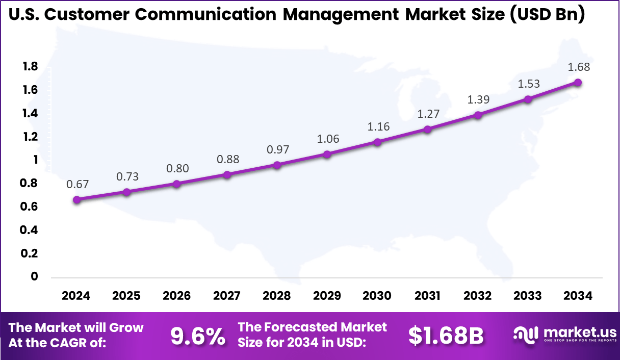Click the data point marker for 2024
click(x=76, y=200)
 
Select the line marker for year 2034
click(x=578, y=83)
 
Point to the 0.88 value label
click(x=227, y=159)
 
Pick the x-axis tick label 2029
click(x=327, y=296)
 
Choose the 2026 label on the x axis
click(x=176, y=296)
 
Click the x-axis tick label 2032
click(x=477, y=296)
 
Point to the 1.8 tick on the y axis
click(x=30, y=66)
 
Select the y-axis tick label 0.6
click(x=30, y=207)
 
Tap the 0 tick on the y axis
click(x=35, y=276)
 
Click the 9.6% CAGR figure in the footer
click(x=198, y=336)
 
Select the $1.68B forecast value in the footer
click(x=446, y=336)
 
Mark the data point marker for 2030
click(x=377, y=142)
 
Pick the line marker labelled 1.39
click(x=478, y=115)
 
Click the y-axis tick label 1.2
click(x=30, y=137)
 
